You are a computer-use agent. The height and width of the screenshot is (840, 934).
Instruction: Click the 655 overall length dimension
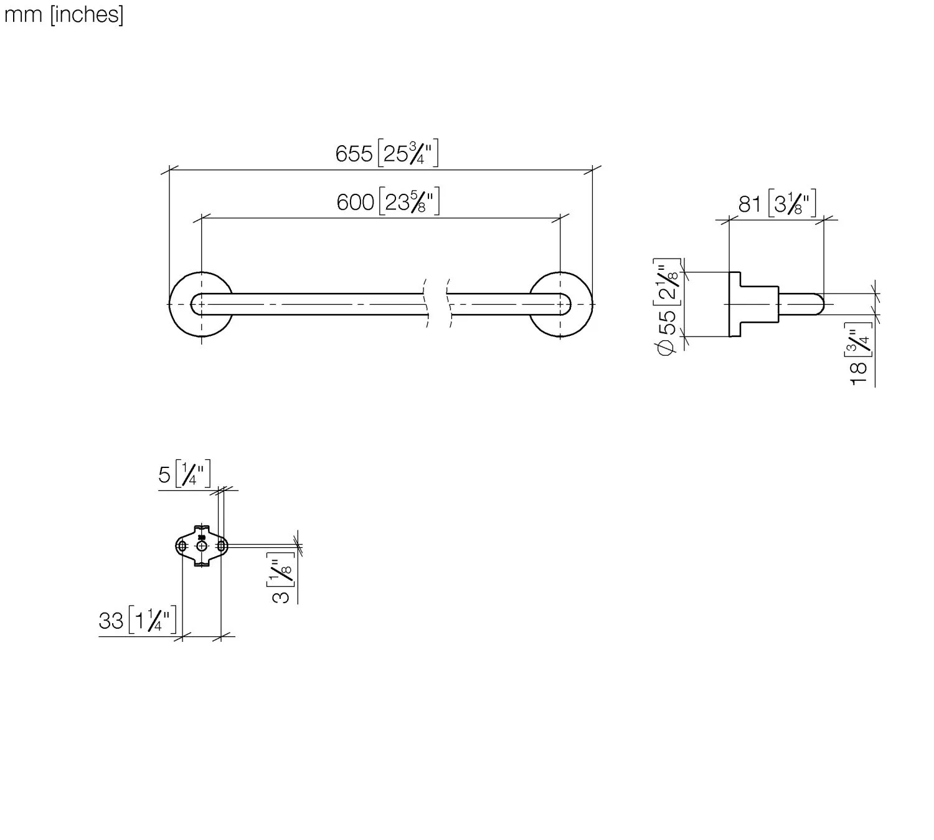[354, 154]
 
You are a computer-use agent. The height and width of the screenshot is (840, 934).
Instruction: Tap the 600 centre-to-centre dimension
[356, 203]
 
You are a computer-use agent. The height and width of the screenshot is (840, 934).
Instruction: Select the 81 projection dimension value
[750, 204]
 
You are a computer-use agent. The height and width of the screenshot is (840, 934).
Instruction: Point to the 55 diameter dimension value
[667, 322]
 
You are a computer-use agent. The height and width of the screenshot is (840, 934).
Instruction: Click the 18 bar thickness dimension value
[859, 374]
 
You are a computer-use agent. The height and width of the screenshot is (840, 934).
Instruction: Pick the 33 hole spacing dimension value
[111, 621]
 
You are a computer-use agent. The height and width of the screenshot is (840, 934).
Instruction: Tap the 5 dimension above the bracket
[164, 475]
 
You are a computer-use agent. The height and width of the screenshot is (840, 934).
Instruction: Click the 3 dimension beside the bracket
[280, 597]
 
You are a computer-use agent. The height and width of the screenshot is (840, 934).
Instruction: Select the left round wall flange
[201, 272]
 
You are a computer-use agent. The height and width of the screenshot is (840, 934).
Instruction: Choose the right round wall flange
[560, 272]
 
